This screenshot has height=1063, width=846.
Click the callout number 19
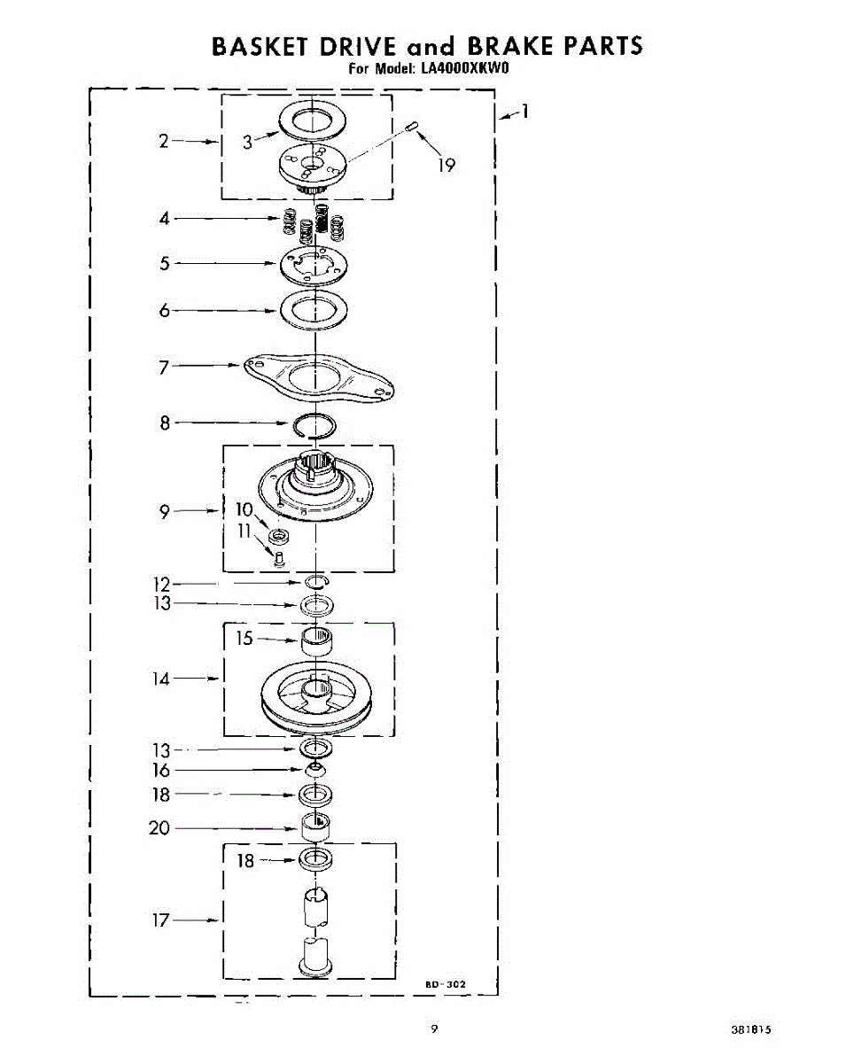click(x=447, y=165)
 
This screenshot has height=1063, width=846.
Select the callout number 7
click(x=164, y=366)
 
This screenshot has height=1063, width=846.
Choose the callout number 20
click(x=159, y=828)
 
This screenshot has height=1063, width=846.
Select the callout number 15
click(x=245, y=638)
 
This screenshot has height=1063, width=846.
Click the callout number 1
click(x=524, y=112)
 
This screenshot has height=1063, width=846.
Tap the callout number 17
click(x=160, y=920)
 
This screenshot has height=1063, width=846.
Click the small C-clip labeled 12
click(x=317, y=582)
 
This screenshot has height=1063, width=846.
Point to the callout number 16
click(x=160, y=771)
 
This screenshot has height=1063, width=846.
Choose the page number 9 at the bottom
click(x=434, y=1029)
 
